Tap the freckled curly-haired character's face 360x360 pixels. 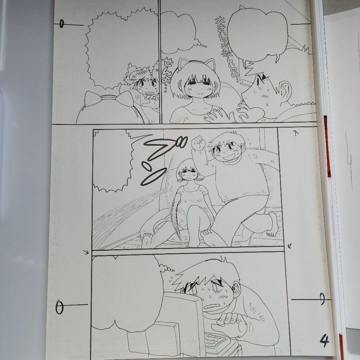145,87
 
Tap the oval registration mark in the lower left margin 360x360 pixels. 59,307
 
